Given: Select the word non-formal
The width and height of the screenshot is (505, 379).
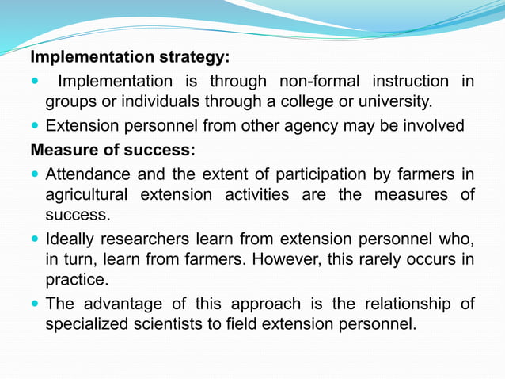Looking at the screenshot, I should pos(318,81).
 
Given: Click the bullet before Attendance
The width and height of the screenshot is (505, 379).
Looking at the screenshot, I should pos(35,173).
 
